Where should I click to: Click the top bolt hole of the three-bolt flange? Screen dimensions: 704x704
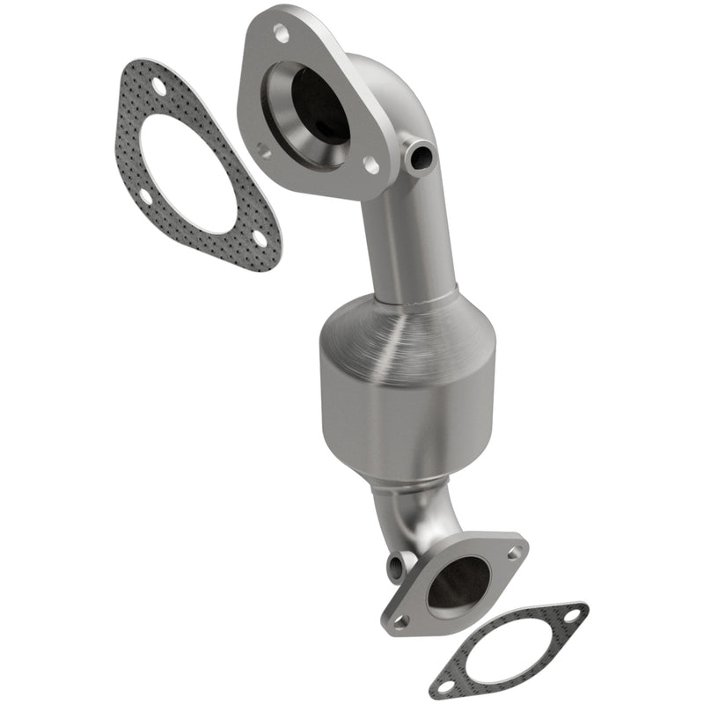pyautogui.click(x=281, y=33)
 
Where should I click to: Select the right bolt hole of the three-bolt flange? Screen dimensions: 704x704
pyautogui.click(x=371, y=165)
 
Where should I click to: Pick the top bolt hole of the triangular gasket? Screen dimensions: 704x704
pyautogui.click(x=158, y=85)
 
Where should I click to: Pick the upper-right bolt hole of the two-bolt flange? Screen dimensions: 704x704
pyautogui.click(x=514, y=553)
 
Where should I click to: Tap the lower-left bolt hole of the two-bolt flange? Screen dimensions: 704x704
pyautogui.click(x=401, y=620)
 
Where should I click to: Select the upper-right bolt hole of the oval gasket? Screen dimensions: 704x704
pyautogui.click(x=575, y=614)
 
